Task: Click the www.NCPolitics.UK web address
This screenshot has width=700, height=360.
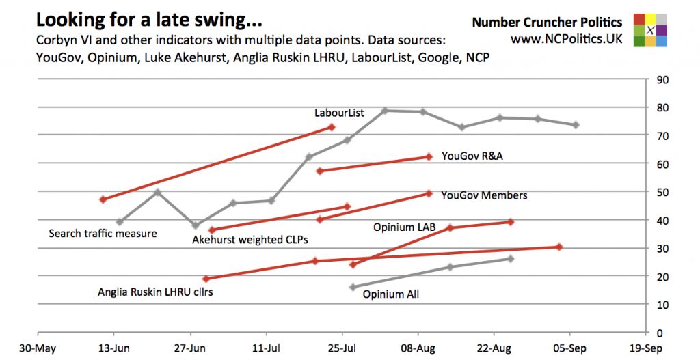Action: [567, 40]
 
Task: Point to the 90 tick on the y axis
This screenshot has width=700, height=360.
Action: [662, 79]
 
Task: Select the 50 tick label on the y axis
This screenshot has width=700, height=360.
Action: [662, 192]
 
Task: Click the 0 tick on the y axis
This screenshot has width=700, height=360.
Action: [660, 333]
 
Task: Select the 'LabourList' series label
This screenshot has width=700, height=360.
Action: [339, 113]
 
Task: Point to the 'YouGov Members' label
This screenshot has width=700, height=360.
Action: [484, 195]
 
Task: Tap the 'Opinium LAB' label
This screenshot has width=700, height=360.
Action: [404, 226]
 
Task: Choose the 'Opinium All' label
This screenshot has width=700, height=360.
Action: [390, 295]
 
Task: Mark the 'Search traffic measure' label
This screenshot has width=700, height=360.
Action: [103, 234]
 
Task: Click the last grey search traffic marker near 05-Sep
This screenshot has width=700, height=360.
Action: [576, 125]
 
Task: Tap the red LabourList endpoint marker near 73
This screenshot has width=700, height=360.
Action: [332, 127]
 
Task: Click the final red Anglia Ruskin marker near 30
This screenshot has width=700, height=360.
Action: [559, 247]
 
